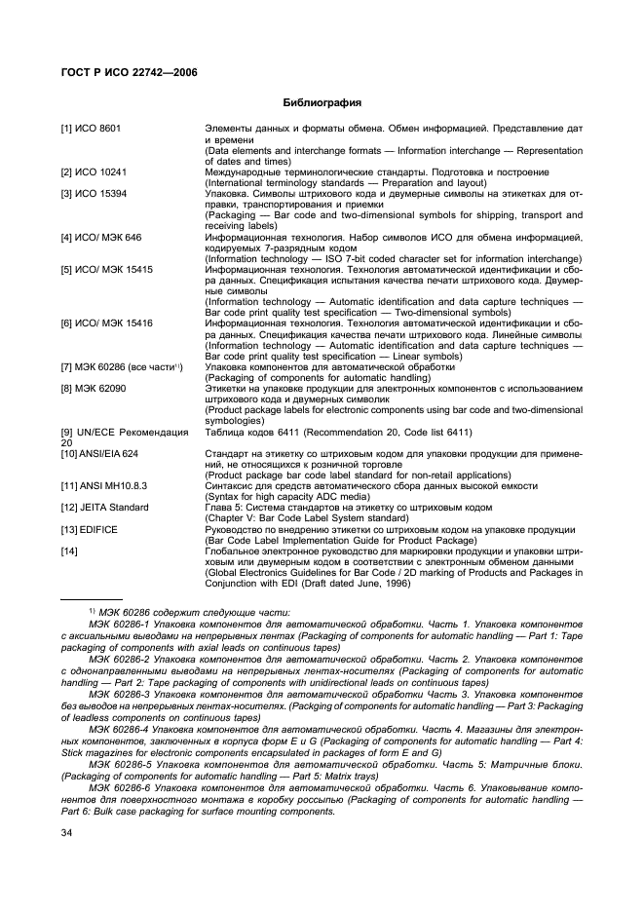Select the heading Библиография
coord(322,102)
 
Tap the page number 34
coord(67,832)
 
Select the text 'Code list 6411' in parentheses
coord(438,432)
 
